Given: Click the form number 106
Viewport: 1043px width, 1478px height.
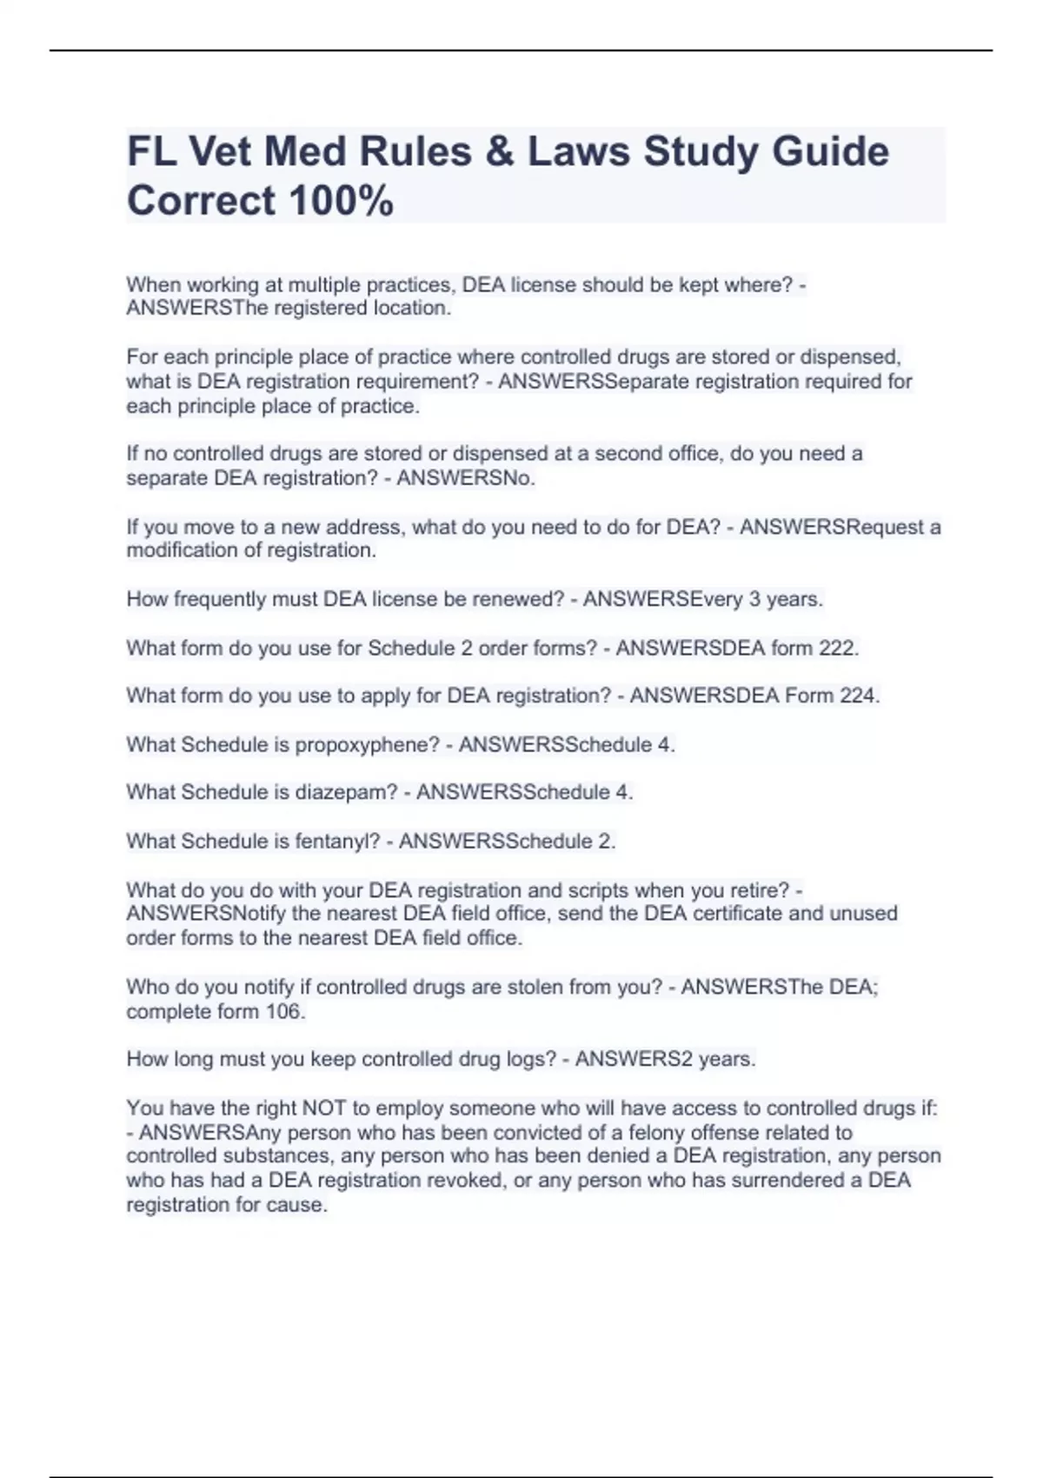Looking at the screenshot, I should [x=283, y=1011].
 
